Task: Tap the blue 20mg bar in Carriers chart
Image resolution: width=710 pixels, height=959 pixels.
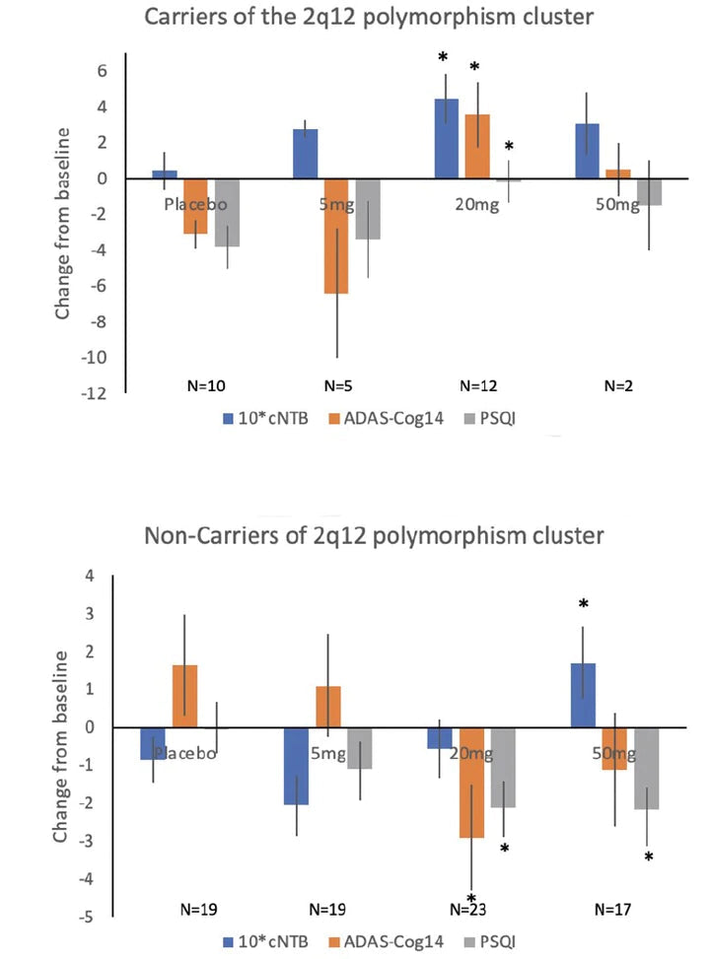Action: point(446,138)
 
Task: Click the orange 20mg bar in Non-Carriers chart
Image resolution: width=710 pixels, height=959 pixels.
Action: point(471,783)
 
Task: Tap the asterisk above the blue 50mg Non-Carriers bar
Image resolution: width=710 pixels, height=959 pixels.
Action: point(583,604)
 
